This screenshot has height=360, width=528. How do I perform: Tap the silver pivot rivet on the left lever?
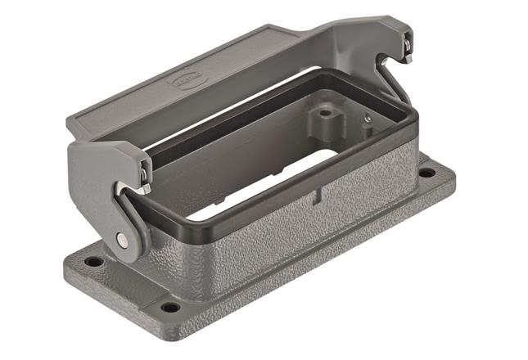[x=122, y=239]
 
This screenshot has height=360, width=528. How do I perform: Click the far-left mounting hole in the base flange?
[x=94, y=262]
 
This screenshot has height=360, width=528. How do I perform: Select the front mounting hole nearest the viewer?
[x=170, y=307]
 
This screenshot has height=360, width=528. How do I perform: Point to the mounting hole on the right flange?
[x=426, y=173]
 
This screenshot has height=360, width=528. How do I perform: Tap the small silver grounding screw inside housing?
[x=368, y=119]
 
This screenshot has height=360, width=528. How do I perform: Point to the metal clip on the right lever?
[x=407, y=57]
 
